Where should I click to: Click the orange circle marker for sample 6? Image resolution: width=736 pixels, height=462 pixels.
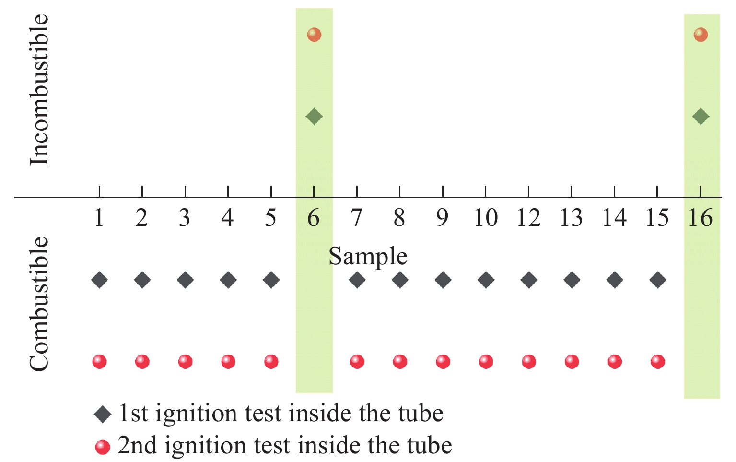314,35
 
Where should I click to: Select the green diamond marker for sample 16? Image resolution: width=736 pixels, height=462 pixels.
701,117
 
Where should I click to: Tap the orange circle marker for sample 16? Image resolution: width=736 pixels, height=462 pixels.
701,35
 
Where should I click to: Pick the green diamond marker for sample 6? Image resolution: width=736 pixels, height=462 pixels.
314,117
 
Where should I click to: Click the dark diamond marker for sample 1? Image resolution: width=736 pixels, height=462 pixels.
100,280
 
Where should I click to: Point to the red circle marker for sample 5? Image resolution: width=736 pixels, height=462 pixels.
271,362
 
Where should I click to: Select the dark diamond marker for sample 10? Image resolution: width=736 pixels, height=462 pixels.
486,280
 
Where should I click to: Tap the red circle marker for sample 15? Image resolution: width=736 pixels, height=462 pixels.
657,362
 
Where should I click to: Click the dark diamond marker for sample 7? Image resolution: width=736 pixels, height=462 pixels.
357,280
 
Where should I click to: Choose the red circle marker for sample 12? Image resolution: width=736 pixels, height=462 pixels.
529,362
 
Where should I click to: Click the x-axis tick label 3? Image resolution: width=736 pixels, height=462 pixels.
185,218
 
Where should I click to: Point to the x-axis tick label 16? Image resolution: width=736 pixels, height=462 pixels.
701,218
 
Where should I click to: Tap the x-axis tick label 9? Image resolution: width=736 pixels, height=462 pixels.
442,218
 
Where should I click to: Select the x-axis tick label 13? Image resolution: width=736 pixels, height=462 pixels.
572,218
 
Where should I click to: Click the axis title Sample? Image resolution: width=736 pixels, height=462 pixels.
368,257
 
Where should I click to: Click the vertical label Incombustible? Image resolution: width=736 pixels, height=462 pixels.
39,89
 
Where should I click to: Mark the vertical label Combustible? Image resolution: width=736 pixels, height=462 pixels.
39,304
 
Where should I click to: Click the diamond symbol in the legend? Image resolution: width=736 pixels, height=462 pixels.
103,414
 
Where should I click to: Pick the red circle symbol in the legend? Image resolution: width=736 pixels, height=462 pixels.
103,447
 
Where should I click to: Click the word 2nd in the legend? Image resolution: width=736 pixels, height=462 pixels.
137,445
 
